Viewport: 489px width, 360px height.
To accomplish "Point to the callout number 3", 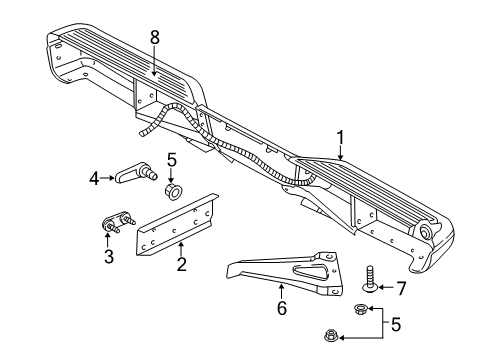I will pos(108,257).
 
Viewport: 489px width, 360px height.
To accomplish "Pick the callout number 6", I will pos(281,309).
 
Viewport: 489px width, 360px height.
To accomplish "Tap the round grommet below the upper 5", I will pos(173,189).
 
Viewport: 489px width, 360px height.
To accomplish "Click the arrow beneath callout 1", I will pos(341,155).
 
